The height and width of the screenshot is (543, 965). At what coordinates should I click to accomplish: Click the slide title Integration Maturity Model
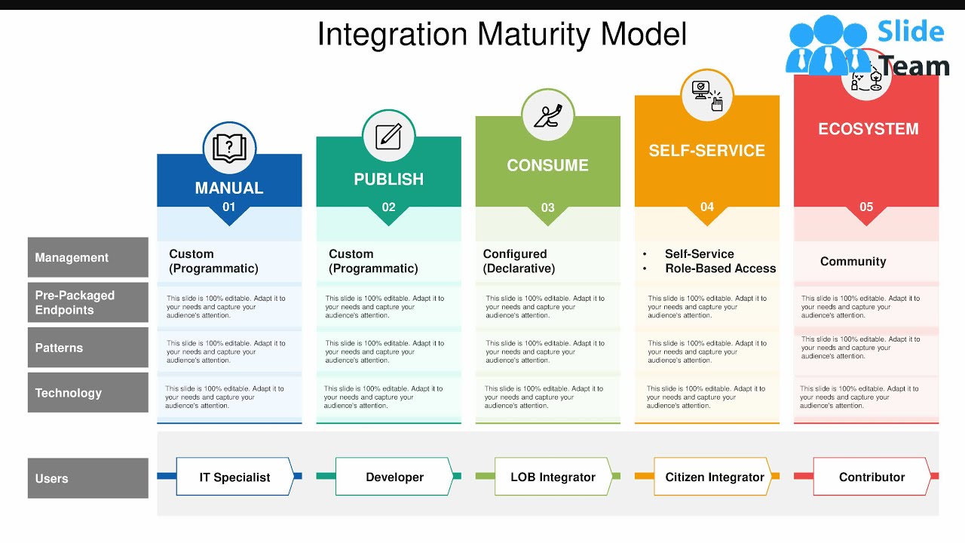coord(501,35)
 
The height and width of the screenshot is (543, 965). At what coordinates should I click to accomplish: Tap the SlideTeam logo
coord(867,47)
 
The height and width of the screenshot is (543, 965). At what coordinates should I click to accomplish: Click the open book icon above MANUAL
coord(229,148)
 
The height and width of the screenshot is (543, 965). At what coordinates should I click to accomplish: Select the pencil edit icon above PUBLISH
coord(389,137)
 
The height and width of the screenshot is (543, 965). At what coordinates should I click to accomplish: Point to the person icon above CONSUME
coord(548,115)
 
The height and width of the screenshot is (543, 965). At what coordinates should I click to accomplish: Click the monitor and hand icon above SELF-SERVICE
coord(707,94)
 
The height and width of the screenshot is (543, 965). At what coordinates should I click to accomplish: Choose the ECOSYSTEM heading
coord(868,129)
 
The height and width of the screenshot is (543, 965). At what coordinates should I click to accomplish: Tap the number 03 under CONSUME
coord(548,207)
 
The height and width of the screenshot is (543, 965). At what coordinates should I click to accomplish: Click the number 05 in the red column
coord(866,207)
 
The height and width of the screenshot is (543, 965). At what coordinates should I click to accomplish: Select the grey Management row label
coord(87,258)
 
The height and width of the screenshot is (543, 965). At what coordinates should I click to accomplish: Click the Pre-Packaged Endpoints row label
coord(87,302)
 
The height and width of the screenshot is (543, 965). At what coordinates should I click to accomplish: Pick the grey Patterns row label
coord(87,348)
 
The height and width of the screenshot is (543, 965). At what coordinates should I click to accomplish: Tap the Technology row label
coord(87,393)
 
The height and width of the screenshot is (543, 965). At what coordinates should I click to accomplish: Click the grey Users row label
coord(87,478)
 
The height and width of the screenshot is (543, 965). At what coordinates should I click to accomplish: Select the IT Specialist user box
coord(234,477)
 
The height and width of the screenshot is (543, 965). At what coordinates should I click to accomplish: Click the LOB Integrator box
coord(553,477)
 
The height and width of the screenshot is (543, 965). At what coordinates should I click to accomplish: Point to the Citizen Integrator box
coord(714,477)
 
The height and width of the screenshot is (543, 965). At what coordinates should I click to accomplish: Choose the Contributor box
coord(872,477)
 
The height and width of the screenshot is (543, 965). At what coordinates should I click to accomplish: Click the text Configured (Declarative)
coord(519,261)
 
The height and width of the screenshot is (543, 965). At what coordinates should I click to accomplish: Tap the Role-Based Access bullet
coord(719,268)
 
